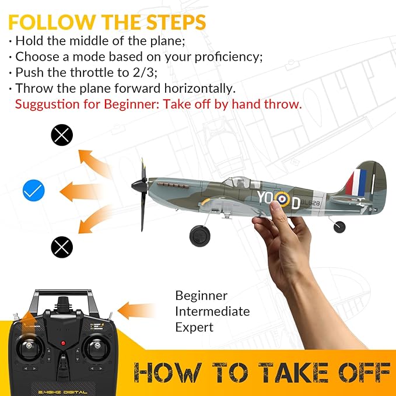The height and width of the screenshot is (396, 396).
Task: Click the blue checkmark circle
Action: click(x=33, y=190)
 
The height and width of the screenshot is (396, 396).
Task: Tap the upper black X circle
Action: click(x=62, y=135)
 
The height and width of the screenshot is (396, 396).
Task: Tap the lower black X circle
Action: click(x=62, y=247)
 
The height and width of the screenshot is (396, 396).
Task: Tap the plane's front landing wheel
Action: click(x=199, y=235)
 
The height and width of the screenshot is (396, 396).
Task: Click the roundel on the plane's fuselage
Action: click(x=282, y=199)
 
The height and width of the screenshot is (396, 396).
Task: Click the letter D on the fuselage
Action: click(x=296, y=204)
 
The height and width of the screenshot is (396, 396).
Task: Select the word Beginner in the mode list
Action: click(x=201, y=296)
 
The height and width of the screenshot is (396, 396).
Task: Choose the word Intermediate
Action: click(x=212, y=311)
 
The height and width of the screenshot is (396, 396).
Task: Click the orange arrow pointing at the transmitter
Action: click(x=137, y=309)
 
